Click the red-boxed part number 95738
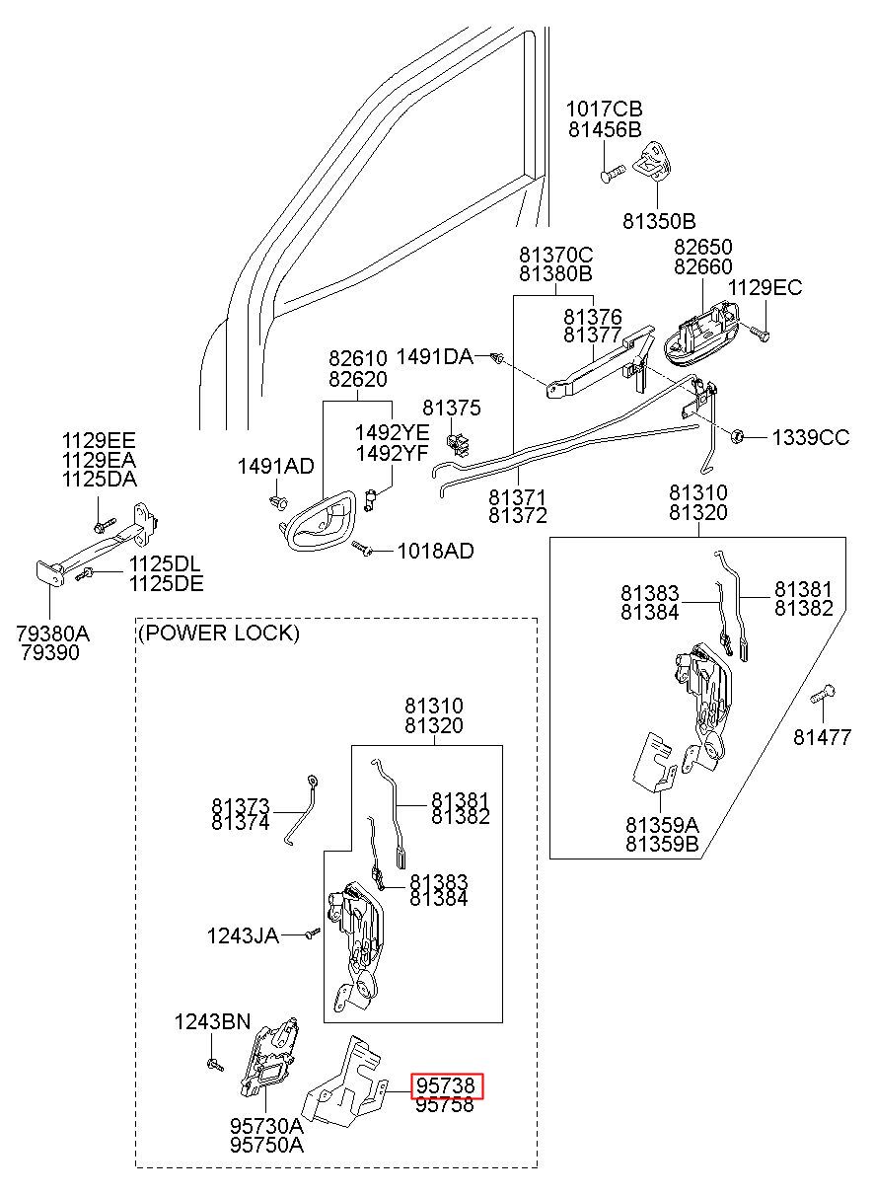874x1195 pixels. click(446, 1085)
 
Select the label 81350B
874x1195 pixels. click(659, 221)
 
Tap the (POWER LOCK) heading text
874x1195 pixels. click(219, 633)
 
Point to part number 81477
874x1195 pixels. click(822, 737)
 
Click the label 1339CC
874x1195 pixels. click(811, 437)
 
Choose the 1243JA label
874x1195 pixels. click(244, 935)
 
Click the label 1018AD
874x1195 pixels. click(436, 551)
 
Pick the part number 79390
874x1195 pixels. click(50, 652)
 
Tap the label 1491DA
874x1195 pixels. click(435, 356)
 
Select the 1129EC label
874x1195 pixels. click(765, 288)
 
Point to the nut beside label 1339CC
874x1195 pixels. click(737, 436)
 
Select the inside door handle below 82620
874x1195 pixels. click(319, 520)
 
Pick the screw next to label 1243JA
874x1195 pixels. click(312, 934)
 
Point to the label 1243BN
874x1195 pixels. click(212, 1021)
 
